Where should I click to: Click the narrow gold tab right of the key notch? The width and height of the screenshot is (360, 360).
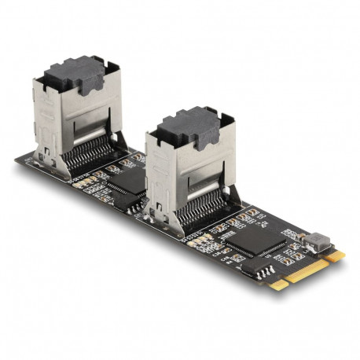(335, 258)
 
